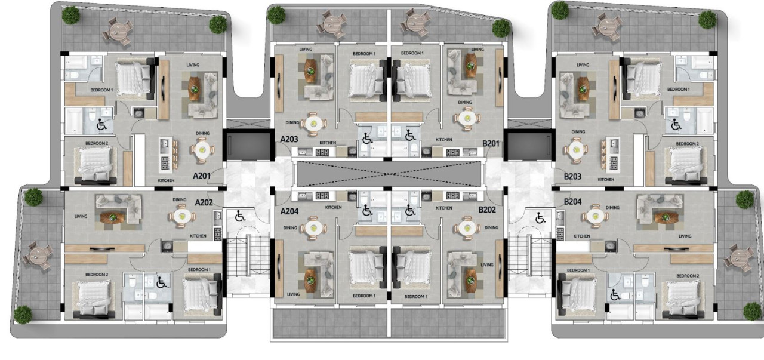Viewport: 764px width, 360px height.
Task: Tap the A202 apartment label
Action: [x=205, y=202]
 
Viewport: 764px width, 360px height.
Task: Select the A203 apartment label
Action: [x=289, y=139]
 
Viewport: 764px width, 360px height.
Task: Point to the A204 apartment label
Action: [x=289, y=211]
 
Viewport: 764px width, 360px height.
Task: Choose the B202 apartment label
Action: [x=488, y=210]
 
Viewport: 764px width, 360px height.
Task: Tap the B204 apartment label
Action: [x=573, y=202]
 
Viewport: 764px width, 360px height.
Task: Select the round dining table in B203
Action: [x=575, y=149]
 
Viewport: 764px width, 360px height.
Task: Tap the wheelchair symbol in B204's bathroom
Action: [x=615, y=294]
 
